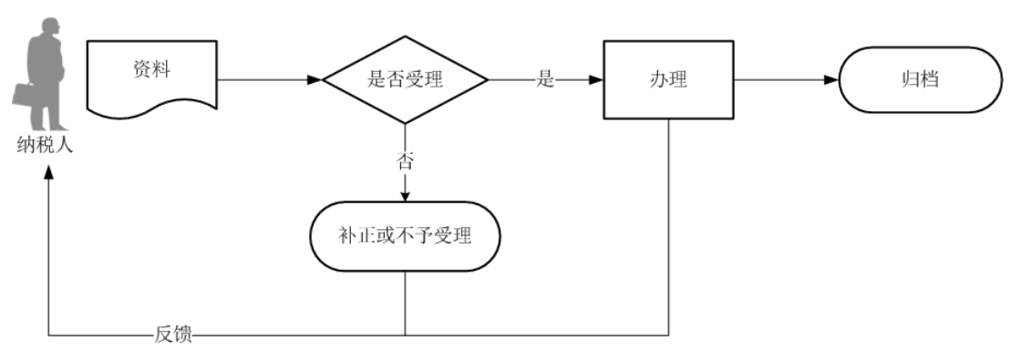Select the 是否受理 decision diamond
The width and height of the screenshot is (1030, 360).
pyautogui.click(x=405, y=79)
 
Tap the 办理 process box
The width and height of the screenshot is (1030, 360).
pyautogui.click(x=669, y=79)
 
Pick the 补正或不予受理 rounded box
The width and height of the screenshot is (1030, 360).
pyautogui.click(x=405, y=236)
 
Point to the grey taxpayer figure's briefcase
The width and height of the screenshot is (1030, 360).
pyautogui.click(x=23, y=93)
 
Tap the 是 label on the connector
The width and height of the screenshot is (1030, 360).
pyautogui.click(x=545, y=79)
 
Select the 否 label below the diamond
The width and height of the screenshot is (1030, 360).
pyautogui.click(x=405, y=161)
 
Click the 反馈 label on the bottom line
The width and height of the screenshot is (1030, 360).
pyautogui.click(x=173, y=334)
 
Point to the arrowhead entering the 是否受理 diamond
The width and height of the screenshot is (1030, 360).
pyautogui.click(x=315, y=79)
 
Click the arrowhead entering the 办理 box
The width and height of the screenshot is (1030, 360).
pyautogui.click(x=596, y=79)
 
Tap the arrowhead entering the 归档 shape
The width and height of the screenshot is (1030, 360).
pyautogui.click(x=830, y=79)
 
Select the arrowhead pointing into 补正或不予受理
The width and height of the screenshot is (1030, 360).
pyautogui.click(x=405, y=194)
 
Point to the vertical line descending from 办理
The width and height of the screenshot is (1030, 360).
pyautogui.click(x=670, y=228)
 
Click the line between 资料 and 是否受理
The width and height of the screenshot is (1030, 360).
pyautogui.click(x=264, y=79)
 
